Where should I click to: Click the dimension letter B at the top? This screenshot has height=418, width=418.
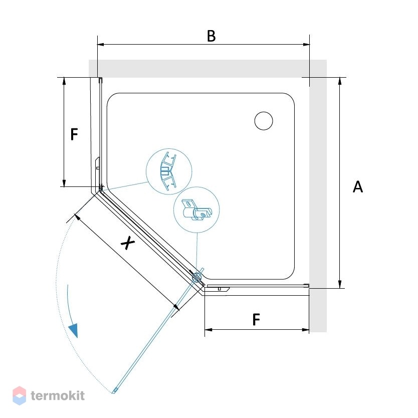[211, 36]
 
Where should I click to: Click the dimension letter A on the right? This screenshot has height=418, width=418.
[358, 186]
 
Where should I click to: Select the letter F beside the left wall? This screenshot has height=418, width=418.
[74, 134]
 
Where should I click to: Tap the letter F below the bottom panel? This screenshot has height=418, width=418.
[256, 320]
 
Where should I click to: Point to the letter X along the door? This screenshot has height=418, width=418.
[128, 243]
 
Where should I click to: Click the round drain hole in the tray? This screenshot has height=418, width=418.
[264, 121]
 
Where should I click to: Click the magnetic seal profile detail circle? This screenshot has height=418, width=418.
[169, 171]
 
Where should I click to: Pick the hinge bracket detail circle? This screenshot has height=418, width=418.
[196, 210]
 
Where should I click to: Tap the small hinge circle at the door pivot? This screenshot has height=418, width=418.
[197, 278]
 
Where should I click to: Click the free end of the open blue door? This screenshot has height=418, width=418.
[114, 391]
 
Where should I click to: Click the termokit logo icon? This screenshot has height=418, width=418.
[20, 395]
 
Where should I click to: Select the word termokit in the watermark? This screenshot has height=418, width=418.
[58, 395]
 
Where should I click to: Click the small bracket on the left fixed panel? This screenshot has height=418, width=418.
[98, 163]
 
